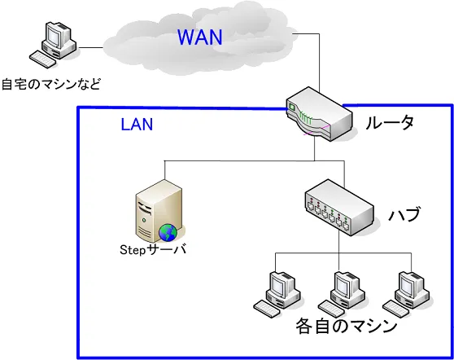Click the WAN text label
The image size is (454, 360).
tap(199, 37)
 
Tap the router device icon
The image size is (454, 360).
tap(319, 116)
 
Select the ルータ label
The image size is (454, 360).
tap(389, 124)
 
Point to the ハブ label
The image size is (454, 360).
tap(404, 215)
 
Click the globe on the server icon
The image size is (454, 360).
tap(168, 232)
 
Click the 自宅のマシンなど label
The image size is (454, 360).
tap(50, 83)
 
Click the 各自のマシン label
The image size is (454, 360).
tap(346, 327)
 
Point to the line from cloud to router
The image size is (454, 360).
tap(318, 65)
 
